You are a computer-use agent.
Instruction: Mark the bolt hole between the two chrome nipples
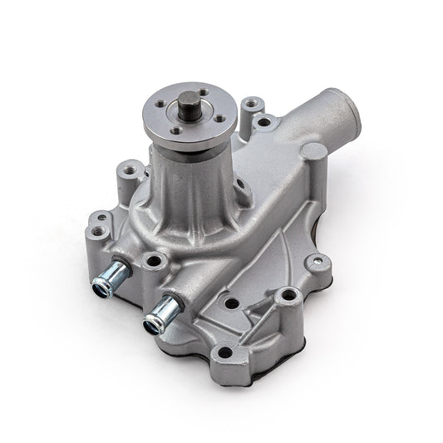152,262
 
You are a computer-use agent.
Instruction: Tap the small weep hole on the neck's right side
238,185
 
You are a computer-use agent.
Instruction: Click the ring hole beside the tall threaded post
264,122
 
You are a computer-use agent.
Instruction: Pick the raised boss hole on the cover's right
288,293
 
